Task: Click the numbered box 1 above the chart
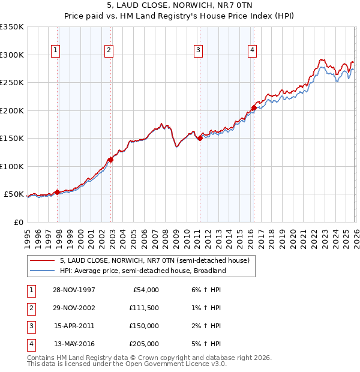pyautogui.click(x=55, y=51)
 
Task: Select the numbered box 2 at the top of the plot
pyautogui.click(x=109, y=51)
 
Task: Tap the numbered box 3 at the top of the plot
pyautogui.click(x=197, y=51)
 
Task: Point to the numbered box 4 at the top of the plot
pyautogui.click(x=252, y=51)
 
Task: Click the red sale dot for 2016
pyautogui.click(x=254, y=108)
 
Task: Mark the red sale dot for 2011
pyautogui.click(x=200, y=139)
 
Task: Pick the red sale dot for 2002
pyautogui.click(x=111, y=160)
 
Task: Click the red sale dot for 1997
pyautogui.click(x=58, y=192)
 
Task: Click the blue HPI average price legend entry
pyautogui.click(x=142, y=271)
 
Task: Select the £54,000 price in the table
pyautogui.click(x=145, y=290)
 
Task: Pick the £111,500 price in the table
pyautogui.click(x=143, y=308)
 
